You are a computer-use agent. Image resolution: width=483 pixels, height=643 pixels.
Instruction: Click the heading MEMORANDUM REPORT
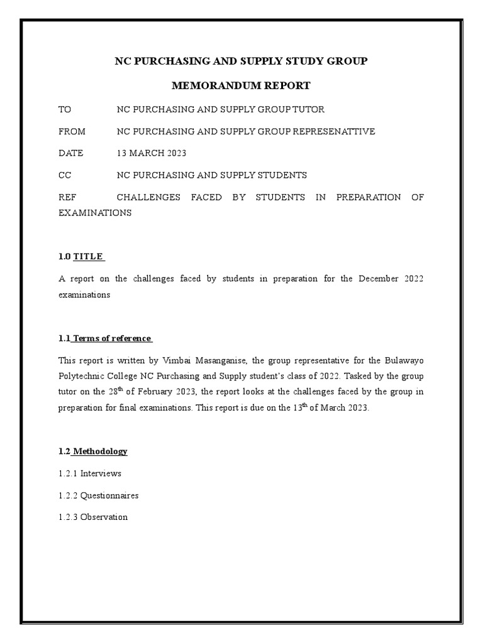[241, 85]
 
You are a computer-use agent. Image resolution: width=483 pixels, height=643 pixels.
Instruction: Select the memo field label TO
[65, 109]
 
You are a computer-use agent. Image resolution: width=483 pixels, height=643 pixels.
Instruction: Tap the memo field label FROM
[72, 131]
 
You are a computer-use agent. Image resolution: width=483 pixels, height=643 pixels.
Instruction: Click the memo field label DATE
[70, 153]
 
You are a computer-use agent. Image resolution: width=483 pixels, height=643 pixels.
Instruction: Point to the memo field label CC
[65, 175]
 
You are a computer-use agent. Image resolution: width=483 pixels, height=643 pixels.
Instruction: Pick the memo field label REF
[67, 197]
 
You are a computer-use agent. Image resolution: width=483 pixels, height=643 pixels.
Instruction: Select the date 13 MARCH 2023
[152, 153]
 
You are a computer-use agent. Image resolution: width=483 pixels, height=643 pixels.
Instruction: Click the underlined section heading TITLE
[88, 256]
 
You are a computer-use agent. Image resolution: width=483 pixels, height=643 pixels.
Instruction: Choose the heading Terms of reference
[113, 338]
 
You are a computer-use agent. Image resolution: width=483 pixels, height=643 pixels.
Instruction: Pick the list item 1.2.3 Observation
[93, 517]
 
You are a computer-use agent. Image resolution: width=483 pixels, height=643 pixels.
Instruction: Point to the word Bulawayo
[404, 360]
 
